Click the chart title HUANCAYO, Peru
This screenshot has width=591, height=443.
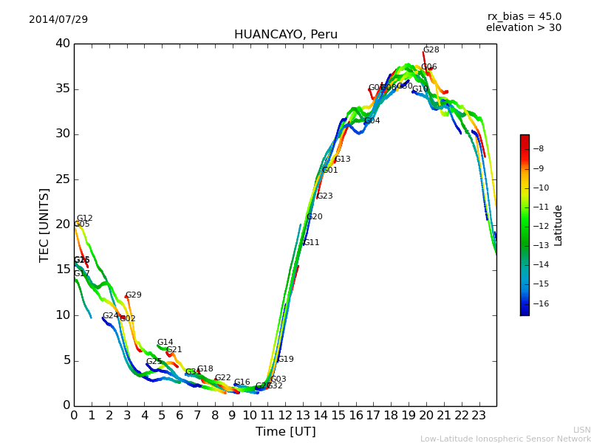click(285, 35)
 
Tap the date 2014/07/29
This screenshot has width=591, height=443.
click(58, 19)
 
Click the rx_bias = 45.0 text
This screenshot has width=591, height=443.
click(524, 16)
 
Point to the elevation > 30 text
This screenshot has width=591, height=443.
click(523, 28)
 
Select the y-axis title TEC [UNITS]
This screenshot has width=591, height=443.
click(44, 224)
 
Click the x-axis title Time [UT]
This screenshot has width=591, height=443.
click(285, 431)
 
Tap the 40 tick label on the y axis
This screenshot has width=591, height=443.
click(62, 44)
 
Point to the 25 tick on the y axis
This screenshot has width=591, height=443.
click(62, 179)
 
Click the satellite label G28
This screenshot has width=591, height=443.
click(431, 50)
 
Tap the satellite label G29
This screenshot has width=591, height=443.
click(133, 295)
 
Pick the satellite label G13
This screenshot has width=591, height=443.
click(342, 159)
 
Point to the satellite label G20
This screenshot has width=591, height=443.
click(314, 217)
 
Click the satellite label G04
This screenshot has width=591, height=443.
click(372, 121)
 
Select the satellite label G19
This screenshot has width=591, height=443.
click(285, 360)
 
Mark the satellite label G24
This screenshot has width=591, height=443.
click(110, 316)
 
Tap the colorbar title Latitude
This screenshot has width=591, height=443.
click(558, 225)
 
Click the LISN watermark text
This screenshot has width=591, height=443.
click(581, 430)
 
